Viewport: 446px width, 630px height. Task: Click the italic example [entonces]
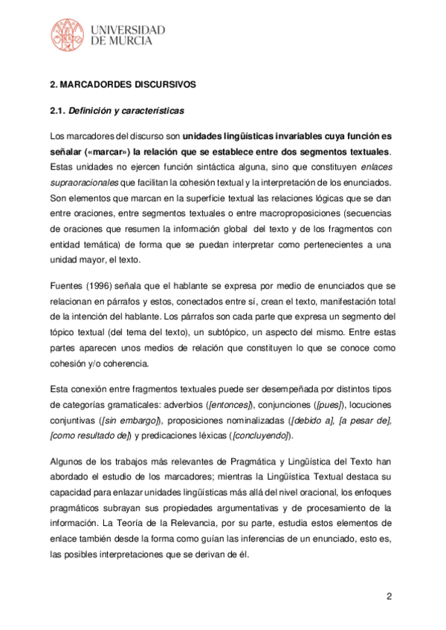tap(230, 404)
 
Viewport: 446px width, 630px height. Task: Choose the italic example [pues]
tap(330, 404)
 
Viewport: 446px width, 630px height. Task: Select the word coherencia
tap(123, 363)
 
